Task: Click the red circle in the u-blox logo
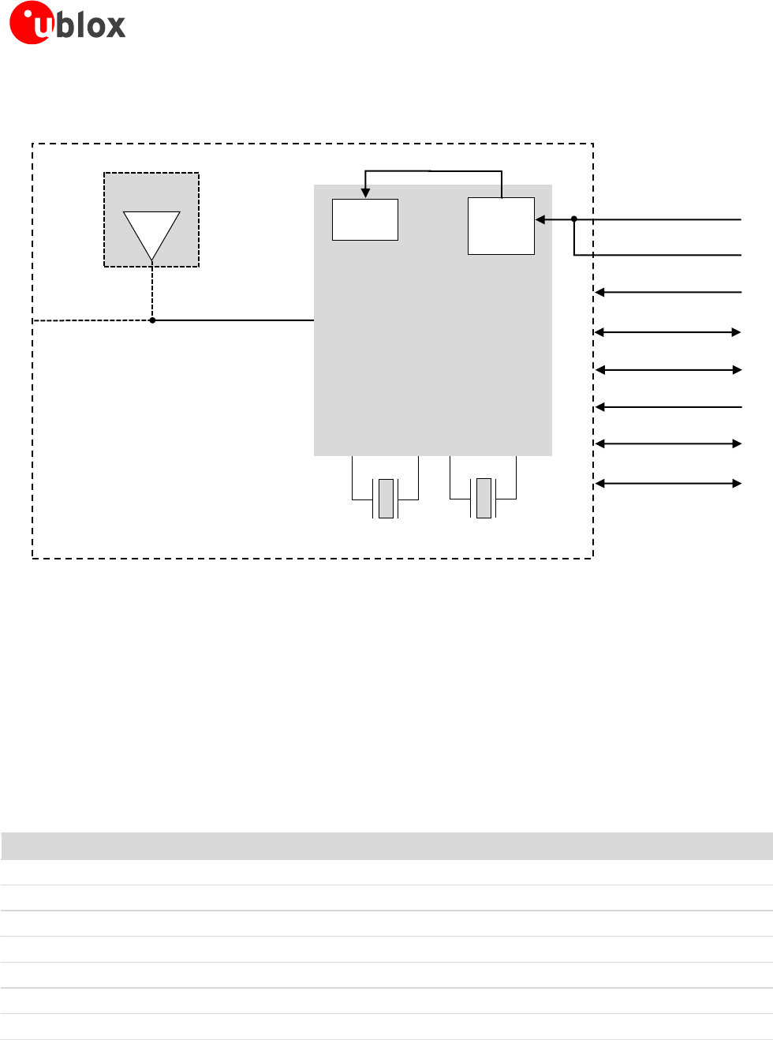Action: click(x=30, y=24)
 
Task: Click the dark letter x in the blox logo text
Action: click(x=114, y=26)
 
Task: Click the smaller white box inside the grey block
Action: click(x=365, y=219)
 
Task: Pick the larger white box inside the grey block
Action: click(x=501, y=226)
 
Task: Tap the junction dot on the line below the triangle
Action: click(x=152, y=320)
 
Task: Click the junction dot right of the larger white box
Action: click(x=574, y=219)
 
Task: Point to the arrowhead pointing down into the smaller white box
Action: click(x=365, y=193)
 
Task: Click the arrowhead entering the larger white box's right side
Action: click(x=540, y=219)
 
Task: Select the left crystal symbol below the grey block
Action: click(x=386, y=499)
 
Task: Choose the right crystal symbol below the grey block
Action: click(x=484, y=499)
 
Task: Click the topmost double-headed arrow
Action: click(x=668, y=333)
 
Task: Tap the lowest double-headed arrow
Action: click(x=668, y=483)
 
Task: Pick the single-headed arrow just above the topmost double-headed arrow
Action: click(x=668, y=293)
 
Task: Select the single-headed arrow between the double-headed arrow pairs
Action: click(x=668, y=407)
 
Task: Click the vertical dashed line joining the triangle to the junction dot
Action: click(x=152, y=292)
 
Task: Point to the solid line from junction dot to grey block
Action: click(x=233, y=320)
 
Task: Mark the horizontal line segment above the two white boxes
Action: click(x=433, y=171)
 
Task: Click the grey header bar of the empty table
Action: click(x=386, y=846)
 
